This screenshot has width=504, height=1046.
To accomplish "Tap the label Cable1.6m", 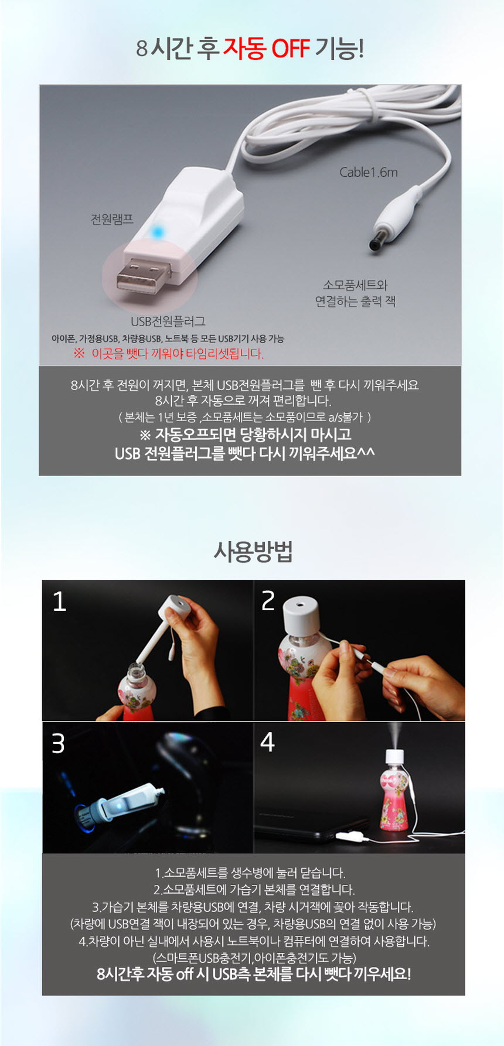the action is pyautogui.click(x=368, y=172).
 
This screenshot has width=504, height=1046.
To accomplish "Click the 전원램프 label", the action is pyautogui.click(x=112, y=219).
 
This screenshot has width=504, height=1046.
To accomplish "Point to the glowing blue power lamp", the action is pyautogui.click(x=156, y=232).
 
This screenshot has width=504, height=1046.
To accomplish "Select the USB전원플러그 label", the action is pyautogui.click(x=168, y=322).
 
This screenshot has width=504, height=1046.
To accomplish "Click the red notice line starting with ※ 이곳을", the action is pyautogui.click(x=169, y=354).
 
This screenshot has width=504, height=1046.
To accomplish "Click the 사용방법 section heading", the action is pyautogui.click(x=253, y=551).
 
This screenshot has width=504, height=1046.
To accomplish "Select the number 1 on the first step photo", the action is pyautogui.click(x=59, y=601).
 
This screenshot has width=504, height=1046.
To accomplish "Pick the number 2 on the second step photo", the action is pyautogui.click(x=268, y=601).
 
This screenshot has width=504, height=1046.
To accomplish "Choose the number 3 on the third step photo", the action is pyautogui.click(x=58, y=743).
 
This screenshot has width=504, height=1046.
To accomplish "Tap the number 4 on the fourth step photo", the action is pyautogui.click(x=267, y=742).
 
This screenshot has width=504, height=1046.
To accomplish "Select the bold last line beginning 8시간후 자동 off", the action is pyautogui.click(x=253, y=974).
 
